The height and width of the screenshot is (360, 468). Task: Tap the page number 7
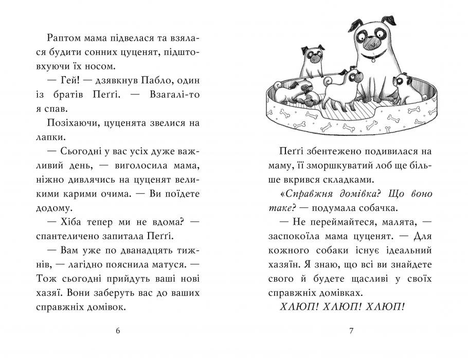coord(351,331)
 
